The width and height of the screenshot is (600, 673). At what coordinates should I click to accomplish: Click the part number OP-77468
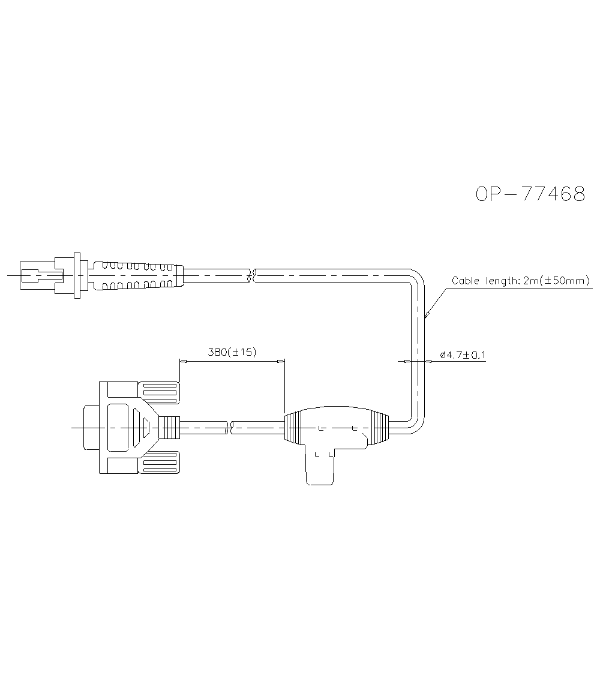tap(530, 194)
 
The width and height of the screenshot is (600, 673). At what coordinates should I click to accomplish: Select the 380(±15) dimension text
tap(232, 352)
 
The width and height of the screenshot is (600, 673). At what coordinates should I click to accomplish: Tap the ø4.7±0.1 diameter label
tap(463, 355)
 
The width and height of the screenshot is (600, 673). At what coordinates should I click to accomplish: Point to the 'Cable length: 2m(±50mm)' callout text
tap(521, 281)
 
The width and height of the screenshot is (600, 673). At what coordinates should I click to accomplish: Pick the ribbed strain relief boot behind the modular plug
tap(136, 275)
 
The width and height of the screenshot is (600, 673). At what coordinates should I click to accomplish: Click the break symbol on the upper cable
tap(253, 275)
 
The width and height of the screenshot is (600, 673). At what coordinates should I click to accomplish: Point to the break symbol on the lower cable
tap(230, 428)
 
